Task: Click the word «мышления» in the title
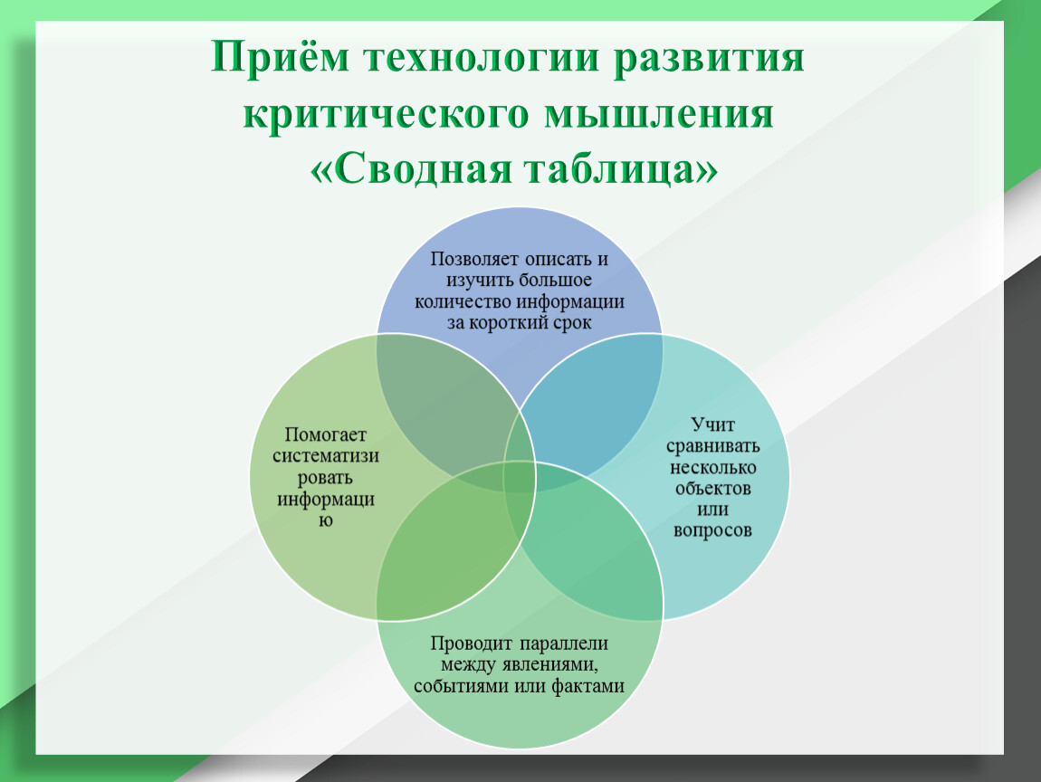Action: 659,114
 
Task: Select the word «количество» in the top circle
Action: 463,302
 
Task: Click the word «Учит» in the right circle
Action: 712,424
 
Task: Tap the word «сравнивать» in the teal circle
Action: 712,446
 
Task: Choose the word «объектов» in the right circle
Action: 712,489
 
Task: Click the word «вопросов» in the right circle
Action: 712,531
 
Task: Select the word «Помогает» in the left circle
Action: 325,434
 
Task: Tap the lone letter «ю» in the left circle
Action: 325,520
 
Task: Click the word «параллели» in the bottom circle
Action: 564,644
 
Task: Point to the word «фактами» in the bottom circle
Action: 588,686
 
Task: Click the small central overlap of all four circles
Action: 520,477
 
